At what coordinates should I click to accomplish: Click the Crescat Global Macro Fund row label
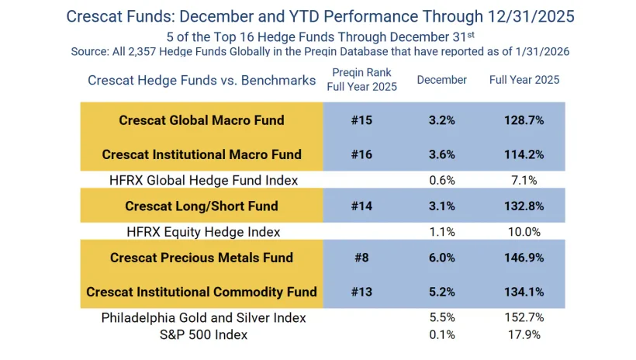pos(202,120)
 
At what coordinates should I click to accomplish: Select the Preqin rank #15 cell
pos(361,120)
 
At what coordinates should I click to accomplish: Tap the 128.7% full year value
pos(524,120)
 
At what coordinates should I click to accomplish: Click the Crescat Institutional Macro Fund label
pos(202,154)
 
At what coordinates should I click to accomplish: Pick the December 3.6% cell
pos(441,154)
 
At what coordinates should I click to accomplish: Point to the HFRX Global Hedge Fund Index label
pos(203,180)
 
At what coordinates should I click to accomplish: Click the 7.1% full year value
pos(524,180)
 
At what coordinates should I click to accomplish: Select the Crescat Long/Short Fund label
pos(202,206)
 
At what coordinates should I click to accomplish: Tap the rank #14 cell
pos(361,206)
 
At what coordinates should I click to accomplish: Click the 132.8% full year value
pos(524,206)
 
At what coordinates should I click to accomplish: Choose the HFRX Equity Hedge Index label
pos(203,232)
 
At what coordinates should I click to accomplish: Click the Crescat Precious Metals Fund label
pos(202,258)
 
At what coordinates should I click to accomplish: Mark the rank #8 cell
pos(361,258)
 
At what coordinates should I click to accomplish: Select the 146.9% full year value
pos(524,258)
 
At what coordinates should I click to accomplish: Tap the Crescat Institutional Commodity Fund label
pos(202,292)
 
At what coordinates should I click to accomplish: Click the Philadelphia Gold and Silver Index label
pos(203,318)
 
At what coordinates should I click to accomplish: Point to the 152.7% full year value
pos(524,318)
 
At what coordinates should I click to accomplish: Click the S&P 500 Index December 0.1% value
pos(441,335)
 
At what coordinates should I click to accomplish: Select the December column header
pos(441,80)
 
